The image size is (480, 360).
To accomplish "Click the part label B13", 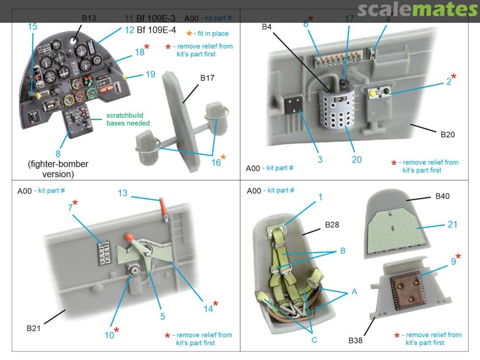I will (x=88, y=18).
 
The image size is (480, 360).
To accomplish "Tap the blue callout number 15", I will (x=32, y=27).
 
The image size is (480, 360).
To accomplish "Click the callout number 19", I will (x=150, y=74).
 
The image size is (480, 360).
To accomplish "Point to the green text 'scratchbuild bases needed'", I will (x=128, y=119).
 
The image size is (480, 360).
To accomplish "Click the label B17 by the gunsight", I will (x=207, y=78).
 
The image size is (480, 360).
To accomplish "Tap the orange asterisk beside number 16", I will (x=223, y=158).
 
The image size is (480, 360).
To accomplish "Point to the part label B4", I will (x=267, y=27).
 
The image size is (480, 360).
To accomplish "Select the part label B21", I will (x=34, y=328).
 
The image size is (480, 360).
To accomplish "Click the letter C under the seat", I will (x=314, y=340).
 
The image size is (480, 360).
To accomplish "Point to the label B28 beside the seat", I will (x=332, y=225).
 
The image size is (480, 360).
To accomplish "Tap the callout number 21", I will (x=452, y=225).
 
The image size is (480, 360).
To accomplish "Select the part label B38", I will (x=355, y=341).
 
